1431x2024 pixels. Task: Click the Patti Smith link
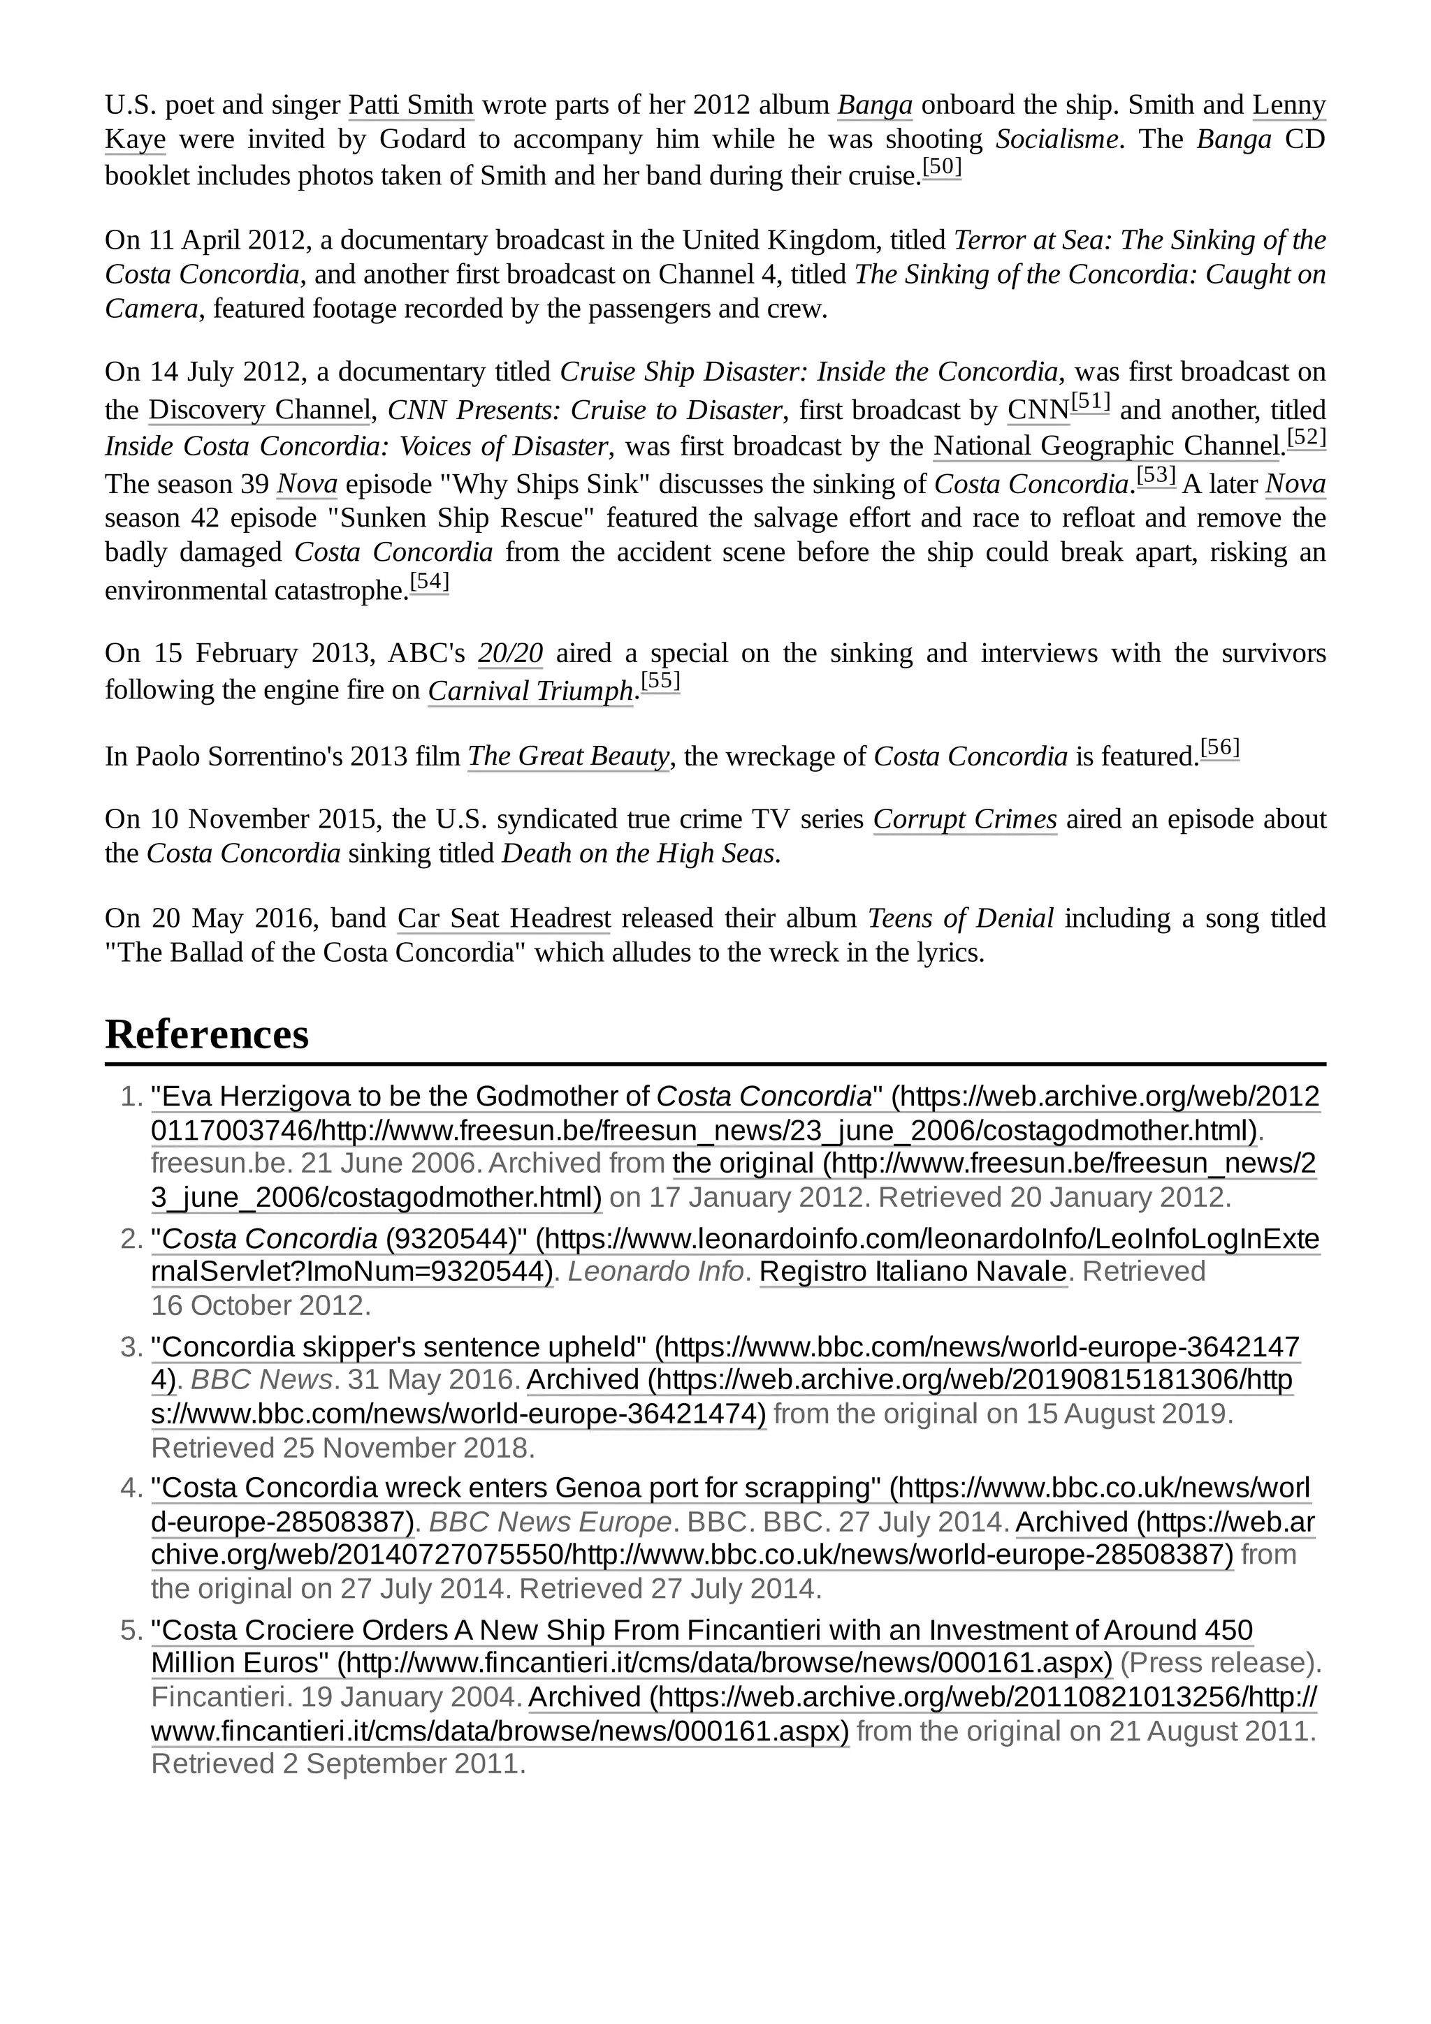pos(411,105)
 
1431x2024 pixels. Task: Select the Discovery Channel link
pos(259,410)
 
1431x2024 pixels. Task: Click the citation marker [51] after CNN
pos(1090,403)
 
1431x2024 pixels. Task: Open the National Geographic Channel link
pos(1105,446)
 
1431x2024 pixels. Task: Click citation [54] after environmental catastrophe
pos(430,582)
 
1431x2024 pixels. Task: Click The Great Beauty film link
pos(568,756)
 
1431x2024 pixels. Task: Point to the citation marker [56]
pos(1219,749)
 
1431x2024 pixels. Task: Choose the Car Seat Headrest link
pos(504,918)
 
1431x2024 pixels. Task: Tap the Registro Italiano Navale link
pos(913,1271)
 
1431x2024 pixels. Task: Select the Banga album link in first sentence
pos(874,105)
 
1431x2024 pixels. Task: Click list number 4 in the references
pos(131,1488)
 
